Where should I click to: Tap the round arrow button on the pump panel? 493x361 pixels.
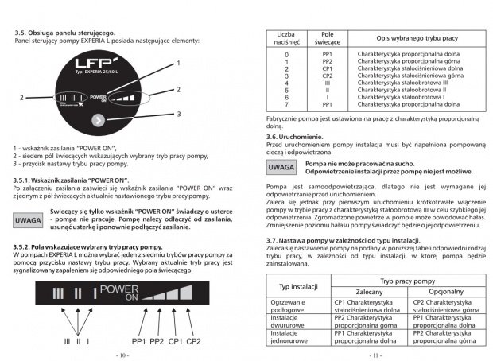[x=97, y=121]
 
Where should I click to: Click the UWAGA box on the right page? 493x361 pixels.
[x=280, y=168]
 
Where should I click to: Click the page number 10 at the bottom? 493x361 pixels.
[x=122, y=355]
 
